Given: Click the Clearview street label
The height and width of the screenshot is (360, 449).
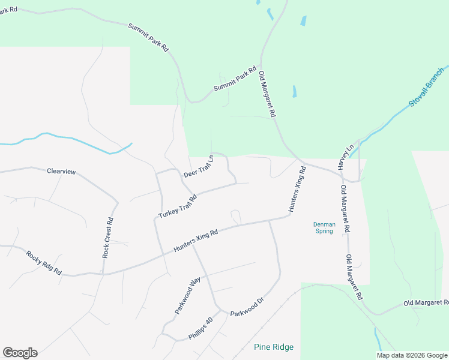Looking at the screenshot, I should coord(62,172).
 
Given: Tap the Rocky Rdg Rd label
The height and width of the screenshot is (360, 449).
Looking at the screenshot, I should coord(44,263).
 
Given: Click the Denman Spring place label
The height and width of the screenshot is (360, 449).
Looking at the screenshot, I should coord(324,228).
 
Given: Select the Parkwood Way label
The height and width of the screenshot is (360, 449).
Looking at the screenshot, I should coord(187,296).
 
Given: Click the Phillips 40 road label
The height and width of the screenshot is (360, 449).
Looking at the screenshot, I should coord(200,329).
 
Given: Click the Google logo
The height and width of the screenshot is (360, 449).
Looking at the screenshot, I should coord(20,353).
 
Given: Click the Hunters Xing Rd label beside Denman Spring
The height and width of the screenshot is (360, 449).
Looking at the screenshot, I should coord(298,190).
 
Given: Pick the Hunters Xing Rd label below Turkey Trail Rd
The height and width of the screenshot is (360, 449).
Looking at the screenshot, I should coord(195,240).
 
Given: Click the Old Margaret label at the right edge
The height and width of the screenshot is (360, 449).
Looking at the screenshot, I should coord(426,304).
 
